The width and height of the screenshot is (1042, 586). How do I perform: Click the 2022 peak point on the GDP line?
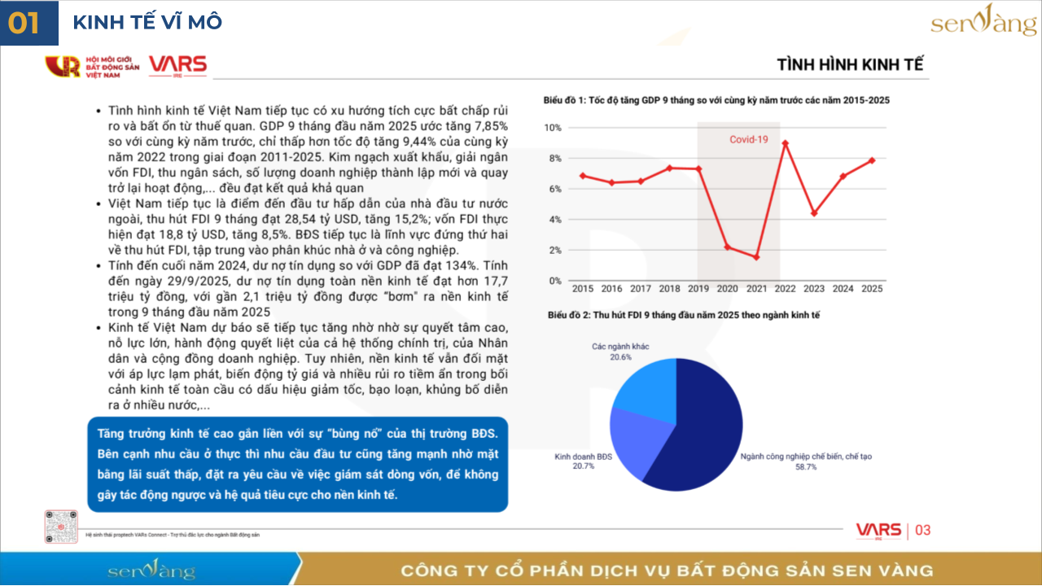point(785,143)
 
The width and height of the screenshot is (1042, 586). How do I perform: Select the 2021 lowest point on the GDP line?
point(755,257)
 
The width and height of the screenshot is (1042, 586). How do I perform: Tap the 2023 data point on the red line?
point(814,213)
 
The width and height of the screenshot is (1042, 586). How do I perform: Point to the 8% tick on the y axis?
point(555,159)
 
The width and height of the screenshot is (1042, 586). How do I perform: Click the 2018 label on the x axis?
point(669,288)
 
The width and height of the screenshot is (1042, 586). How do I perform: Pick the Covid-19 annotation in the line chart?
point(748,140)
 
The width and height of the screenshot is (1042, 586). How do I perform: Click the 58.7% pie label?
point(806,467)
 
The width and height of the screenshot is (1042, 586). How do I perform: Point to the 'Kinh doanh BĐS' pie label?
point(583,457)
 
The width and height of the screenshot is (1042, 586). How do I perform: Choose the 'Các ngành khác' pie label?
point(620,347)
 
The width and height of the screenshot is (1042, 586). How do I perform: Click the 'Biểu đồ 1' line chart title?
point(716,100)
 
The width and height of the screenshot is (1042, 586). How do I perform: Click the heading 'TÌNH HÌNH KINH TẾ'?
point(850,65)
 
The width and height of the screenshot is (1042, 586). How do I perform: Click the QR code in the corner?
point(61,527)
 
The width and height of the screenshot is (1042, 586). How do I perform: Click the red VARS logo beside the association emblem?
point(177,65)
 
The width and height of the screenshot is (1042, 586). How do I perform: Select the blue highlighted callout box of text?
point(297,464)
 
